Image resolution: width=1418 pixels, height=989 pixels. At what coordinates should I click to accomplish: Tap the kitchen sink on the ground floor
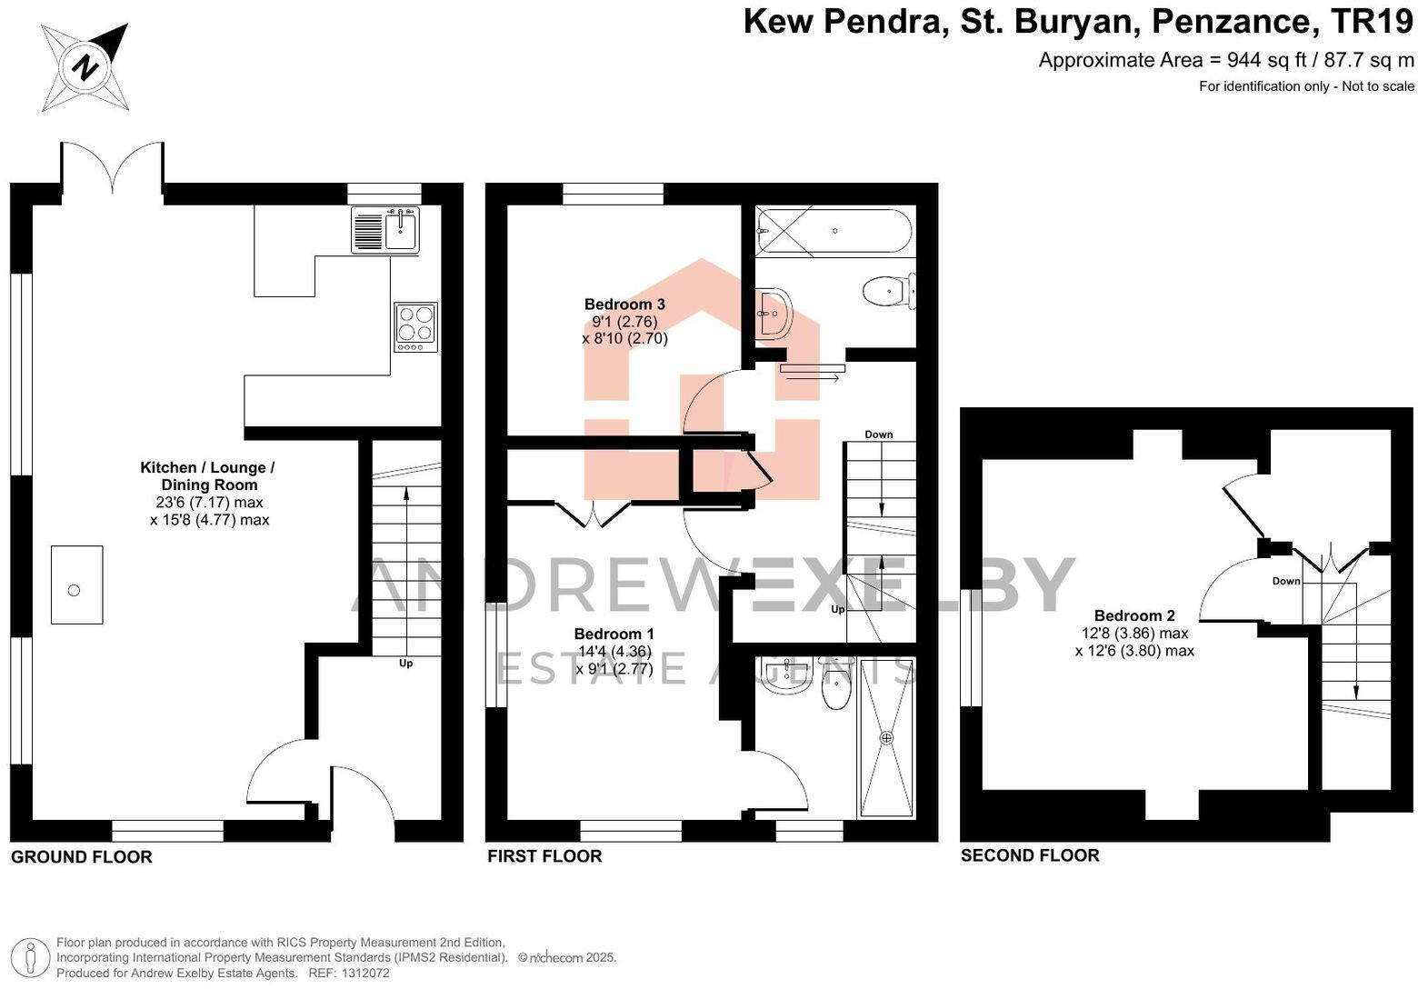[x=400, y=229]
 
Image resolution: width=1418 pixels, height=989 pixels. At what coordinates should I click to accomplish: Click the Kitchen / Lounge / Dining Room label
[x=207, y=476]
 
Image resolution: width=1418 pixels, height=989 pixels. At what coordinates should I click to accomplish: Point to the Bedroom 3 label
[x=624, y=305]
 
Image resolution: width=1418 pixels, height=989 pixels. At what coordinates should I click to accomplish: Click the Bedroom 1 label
[x=614, y=634]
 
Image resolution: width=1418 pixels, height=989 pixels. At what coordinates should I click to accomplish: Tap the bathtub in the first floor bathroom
[x=834, y=231]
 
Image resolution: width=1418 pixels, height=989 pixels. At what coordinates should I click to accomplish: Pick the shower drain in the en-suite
[x=886, y=737]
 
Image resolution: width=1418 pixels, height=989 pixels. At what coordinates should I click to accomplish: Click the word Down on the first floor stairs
[x=878, y=435]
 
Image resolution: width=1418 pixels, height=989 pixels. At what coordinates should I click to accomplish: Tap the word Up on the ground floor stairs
[x=405, y=664]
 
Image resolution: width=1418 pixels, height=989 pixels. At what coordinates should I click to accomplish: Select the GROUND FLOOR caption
[x=82, y=857]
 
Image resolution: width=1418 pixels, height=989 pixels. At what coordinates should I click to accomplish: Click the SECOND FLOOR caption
[x=1030, y=855]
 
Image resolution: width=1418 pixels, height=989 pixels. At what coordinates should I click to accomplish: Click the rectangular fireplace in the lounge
[x=76, y=584]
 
